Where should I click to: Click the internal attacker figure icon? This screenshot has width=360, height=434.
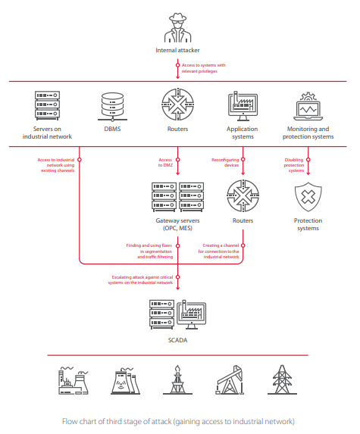click(177, 28)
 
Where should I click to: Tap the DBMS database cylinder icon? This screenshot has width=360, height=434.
click(112, 107)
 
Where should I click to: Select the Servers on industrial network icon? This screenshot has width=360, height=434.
click(47, 105)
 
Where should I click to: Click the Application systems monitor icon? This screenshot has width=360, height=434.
click(243, 106)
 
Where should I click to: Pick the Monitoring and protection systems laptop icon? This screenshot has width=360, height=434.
click(308, 107)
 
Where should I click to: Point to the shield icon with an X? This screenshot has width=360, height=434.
click(308, 197)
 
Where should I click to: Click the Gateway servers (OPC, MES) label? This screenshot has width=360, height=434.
click(177, 224)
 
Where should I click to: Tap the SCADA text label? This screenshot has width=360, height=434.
click(177, 340)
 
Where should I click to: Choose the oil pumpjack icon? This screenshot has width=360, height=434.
click(230, 379)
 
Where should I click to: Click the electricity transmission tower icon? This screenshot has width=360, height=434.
click(282, 379)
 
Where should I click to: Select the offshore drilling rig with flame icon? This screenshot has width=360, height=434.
click(177, 379)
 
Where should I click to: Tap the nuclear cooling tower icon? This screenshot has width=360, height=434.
click(126, 381)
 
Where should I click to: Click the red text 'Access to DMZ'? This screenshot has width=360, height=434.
click(165, 163)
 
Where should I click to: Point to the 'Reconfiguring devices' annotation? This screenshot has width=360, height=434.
click(225, 163)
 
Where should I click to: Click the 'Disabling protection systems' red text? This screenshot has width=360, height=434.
click(294, 165)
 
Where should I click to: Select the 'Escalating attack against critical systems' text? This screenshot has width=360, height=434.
click(140, 279)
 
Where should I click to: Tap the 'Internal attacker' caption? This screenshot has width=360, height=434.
click(177, 50)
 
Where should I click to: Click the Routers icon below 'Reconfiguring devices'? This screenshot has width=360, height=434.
click(243, 195)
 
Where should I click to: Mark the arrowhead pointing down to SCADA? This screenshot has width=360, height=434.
click(178, 288)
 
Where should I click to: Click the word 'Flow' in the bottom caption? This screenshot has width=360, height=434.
click(70, 421)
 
